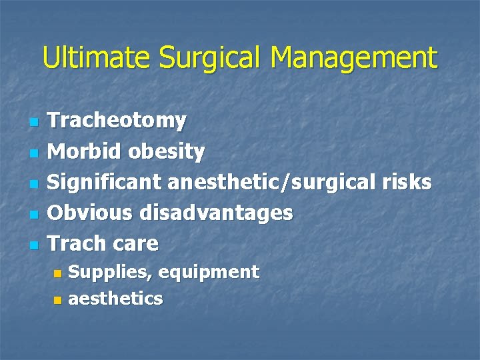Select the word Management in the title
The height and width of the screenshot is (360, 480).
[x=354, y=58]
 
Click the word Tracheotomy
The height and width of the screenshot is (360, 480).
[x=117, y=121]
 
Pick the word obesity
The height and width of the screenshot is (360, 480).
[x=167, y=152]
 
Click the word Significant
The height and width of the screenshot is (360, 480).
[x=105, y=182]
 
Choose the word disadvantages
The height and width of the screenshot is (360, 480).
[x=216, y=213]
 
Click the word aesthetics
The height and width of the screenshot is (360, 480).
[x=115, y=299]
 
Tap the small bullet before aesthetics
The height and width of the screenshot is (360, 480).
[x=57, y=301]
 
